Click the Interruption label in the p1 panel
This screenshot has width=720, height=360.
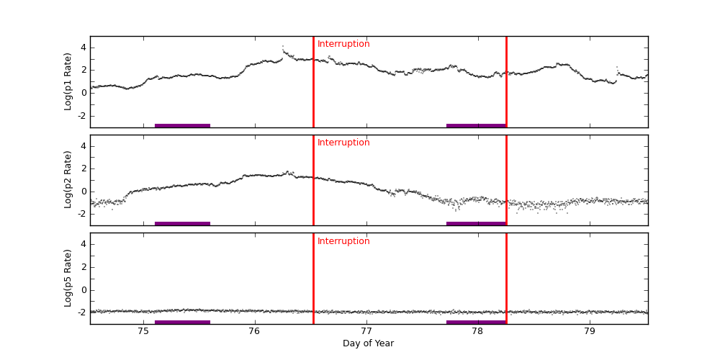[x=343, y=44]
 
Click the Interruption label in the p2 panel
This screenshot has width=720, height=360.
[x=343, y=143]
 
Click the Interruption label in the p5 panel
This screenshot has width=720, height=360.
[x=343, y=241]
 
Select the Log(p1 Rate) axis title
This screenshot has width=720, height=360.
[x=68, y=81]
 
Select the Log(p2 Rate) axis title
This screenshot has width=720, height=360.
[x=68, y=180]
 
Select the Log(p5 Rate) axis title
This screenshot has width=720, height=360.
[x=68, y=278]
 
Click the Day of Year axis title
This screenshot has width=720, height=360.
[x=369, y=343]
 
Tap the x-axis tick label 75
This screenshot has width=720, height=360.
[x=143, y=331]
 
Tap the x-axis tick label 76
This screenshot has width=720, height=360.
[x=254, y=331]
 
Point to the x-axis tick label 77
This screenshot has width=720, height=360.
[x=366, y=331]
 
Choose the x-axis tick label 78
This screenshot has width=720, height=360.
[x=477, y=331]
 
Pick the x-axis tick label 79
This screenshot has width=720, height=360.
[x=589, y=331]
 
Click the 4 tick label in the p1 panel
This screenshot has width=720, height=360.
[x=84, y=48]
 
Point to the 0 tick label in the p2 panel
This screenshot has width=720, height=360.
[x=84, y=192]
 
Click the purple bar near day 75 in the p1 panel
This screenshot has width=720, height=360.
[x=182, y=125]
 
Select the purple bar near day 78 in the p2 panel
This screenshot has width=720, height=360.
[x=476, y=223]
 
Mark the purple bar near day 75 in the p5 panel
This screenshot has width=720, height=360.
[x=182, y=322]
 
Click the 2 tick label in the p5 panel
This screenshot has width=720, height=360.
[x=84, y=267]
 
